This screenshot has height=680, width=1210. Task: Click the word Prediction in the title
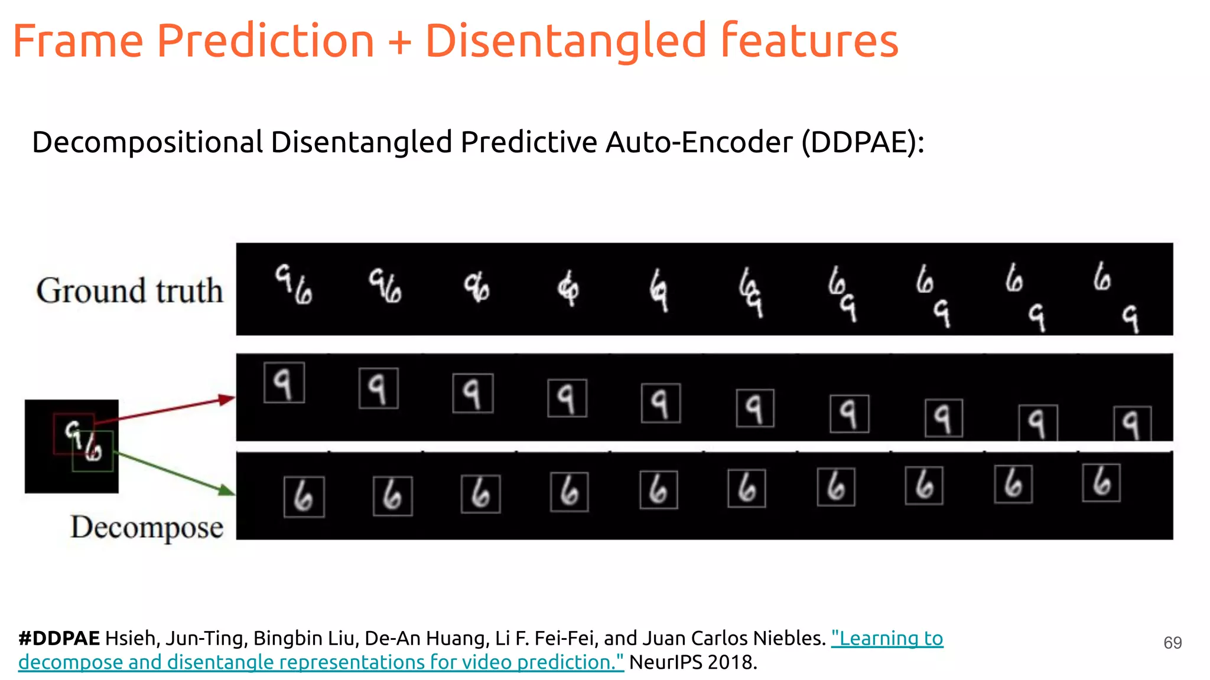click(265, 41)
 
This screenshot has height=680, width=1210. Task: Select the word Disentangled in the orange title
click(565, 41)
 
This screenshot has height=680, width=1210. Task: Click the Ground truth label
click(129, 290)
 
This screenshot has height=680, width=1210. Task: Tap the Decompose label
click(147, 527)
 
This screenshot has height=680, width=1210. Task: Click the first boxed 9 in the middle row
click(284, 383)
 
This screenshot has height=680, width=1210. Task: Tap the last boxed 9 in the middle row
click(1131, 423)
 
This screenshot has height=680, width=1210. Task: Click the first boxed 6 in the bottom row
click(304, 497)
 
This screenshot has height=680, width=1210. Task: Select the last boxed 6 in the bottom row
click(1101, 483)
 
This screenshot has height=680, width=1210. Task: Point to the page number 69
click(1172, 643)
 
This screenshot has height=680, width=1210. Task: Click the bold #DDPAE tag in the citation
click(59, 639)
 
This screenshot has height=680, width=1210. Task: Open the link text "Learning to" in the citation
click(887, 639)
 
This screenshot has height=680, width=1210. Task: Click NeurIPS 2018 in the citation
click(692, 662)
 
